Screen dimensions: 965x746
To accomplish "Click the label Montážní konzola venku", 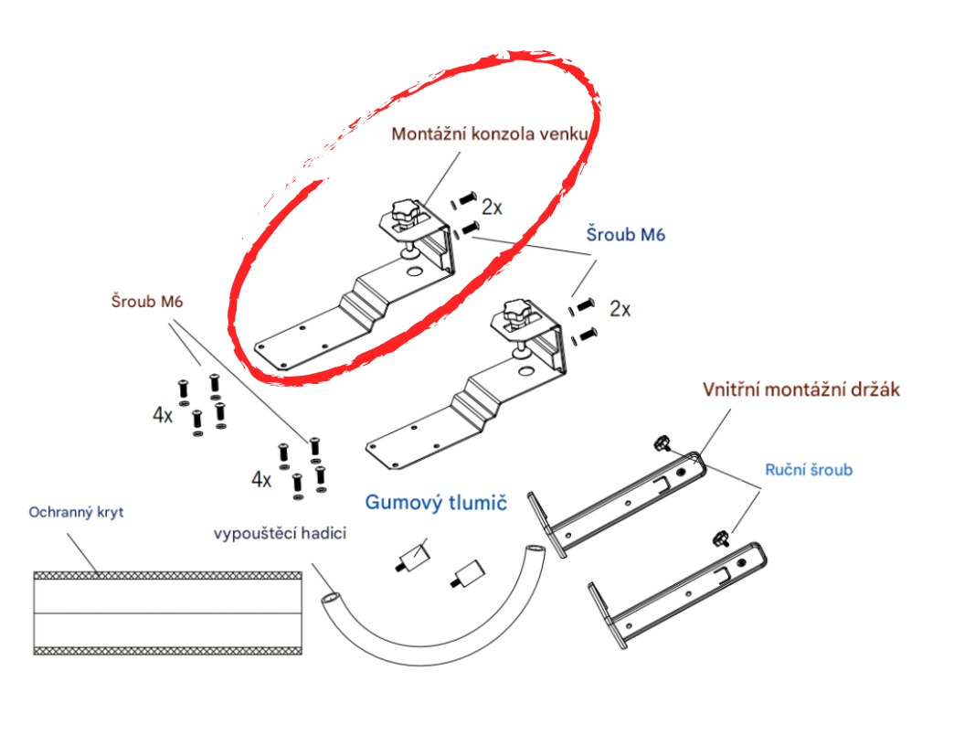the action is click(x=489, y=134).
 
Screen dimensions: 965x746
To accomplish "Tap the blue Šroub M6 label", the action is click(x=625, y=235).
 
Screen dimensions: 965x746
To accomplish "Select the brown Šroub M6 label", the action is click(x=147, y=301).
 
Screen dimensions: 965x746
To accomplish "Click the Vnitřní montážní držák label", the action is click(x=801, y=389).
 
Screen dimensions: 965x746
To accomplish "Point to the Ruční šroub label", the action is click(x=809, y=470).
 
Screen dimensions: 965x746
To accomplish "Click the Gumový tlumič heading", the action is click(x=436, y=502).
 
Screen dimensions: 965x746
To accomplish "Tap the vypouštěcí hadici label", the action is click(x=280, y=533).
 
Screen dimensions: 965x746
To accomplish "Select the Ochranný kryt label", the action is click(x=77, y=512).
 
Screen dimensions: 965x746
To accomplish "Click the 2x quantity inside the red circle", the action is click(x=492, y=207).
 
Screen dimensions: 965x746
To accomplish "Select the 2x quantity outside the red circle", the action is click(x=620, y=308).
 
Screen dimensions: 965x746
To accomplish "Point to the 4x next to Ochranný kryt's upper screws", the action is click(x=163, y=415).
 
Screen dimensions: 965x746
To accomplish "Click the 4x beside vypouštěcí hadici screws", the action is click(x=261, y=479).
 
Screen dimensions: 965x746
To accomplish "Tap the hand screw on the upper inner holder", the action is click(x=663, y=442).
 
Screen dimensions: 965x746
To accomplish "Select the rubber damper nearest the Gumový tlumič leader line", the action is click(x=412, y=558).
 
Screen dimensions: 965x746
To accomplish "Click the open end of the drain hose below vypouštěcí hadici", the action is click(x=331, y=598).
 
